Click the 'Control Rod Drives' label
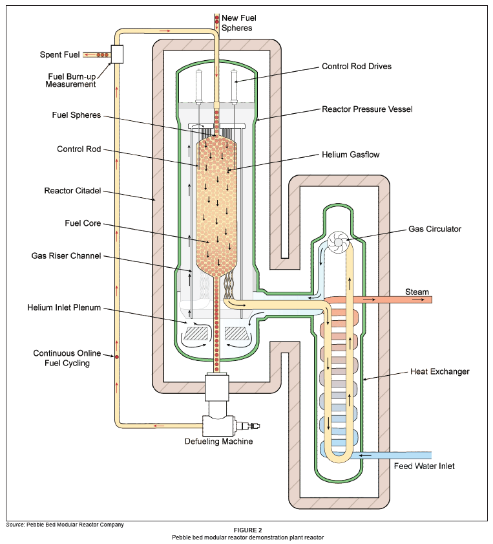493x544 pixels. coord(357,66)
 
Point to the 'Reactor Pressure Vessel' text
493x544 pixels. coord(367,109)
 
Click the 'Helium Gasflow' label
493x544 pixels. coord(351,155)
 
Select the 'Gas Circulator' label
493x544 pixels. coord(435,229)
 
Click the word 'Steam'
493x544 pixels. coord(417,292)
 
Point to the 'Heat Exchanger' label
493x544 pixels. coord(439,371)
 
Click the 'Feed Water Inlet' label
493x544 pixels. coord(424,466)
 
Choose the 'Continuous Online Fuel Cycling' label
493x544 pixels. coord(61,358)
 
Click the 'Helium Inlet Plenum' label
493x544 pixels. coord(64,307)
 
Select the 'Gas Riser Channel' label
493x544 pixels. coord(67,256)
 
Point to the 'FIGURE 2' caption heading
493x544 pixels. coord(247,530)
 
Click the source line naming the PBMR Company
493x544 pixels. coord(65,524)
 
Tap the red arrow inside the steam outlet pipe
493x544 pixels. coord(371,300)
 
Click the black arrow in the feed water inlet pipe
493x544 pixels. coord(364,455)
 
